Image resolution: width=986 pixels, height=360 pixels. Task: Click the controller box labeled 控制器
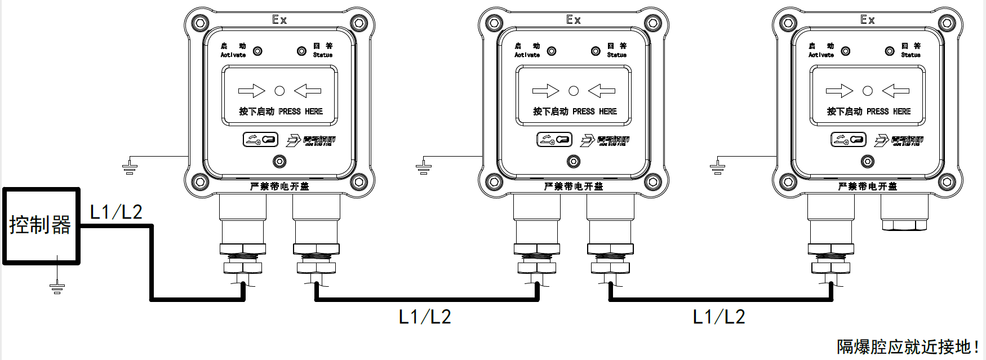(41, 225)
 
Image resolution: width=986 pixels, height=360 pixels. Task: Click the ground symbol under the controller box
(56, 288)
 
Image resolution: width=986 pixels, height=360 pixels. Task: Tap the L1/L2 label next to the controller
(116, 212)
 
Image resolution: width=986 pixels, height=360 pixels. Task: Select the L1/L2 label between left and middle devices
(425, 317)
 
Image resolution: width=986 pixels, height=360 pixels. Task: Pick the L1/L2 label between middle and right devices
(719, 317)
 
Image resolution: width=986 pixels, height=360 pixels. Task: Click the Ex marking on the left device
(279, 20)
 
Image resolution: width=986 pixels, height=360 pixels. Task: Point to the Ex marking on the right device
(868, 20)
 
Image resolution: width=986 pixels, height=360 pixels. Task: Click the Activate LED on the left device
(257, 51)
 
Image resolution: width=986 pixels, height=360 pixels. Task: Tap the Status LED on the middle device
(596, 51)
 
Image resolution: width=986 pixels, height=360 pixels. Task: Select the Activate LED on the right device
(846, 51)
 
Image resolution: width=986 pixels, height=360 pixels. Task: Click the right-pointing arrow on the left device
(251, 91)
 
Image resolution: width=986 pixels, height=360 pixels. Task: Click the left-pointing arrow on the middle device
(602, 91)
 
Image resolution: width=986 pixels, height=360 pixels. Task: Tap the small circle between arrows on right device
(868, 91)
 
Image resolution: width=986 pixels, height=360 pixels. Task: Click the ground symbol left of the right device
(718, 167)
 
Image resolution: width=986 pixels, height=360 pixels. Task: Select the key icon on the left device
(260, 139)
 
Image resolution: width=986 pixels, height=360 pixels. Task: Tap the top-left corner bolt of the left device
(200, 24)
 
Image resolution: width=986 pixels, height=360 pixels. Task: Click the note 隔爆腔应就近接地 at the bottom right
(907, 346)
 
